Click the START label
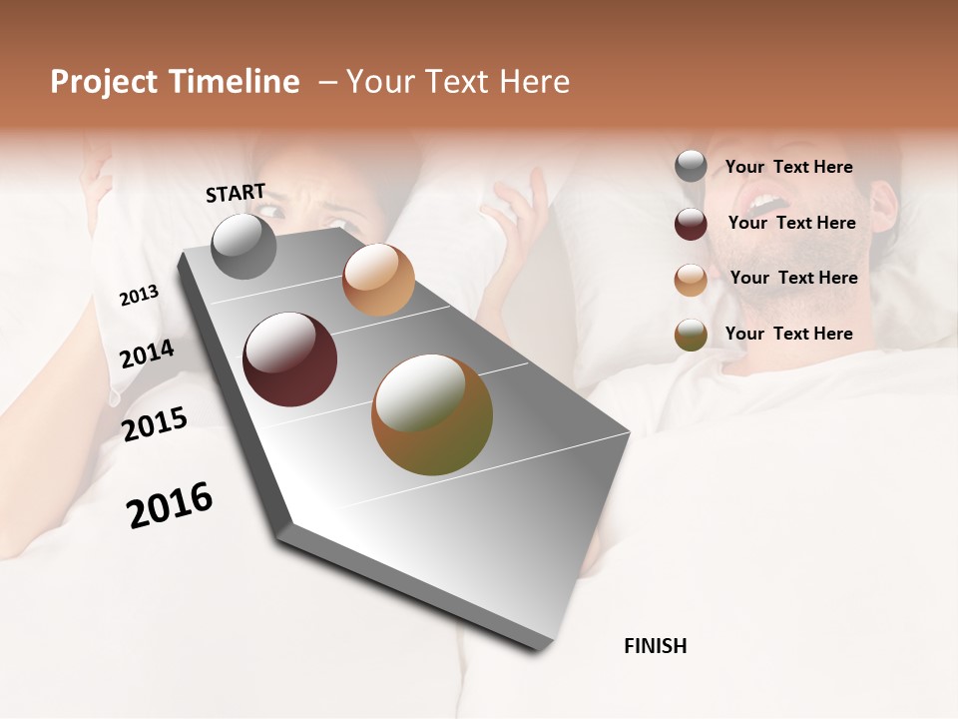click(x=236, y=193)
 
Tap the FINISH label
click(x=655, y=646)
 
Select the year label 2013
click(x=139, y=296)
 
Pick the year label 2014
click(x=147, y=355)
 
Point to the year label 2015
click(x=155, y=424)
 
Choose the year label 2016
click(x=170, y=505)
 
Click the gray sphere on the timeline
click(x=243, y=246)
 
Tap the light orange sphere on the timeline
click(x=378, y=280)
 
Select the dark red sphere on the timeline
click(x=290, y=359)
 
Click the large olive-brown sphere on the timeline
click(x=432, y=415)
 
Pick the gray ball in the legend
click(x=691, y=167)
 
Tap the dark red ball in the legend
click(x=691, y=224)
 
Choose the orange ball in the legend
click(x=691, y=280)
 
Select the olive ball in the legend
click(x=691, y=335)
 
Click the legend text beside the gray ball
click(x=788, y=167)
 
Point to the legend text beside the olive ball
click(x=788, y=334)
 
